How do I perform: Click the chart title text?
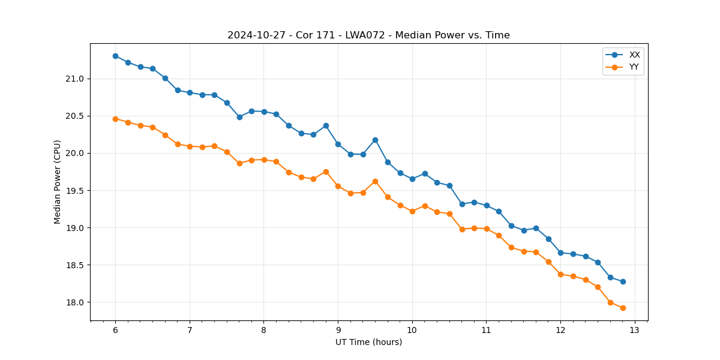(368, 35)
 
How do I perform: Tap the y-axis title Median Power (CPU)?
(58, 182)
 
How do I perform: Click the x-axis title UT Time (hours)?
(368, 342)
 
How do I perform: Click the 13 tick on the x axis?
(635, 331)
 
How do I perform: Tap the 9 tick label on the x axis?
(338, 331)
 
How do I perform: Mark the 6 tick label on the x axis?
(115, 331)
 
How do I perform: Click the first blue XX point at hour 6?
(115, 56)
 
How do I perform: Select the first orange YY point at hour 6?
(115, 119)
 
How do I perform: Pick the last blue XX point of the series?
(623, 281)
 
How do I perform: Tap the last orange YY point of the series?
(623, 308)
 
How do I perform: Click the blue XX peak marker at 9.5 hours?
(375, 140)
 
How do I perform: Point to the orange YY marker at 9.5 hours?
(375, 181)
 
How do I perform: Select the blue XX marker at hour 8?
(264, 112)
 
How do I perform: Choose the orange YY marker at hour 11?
(487, 229)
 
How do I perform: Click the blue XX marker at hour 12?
(560, 253)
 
